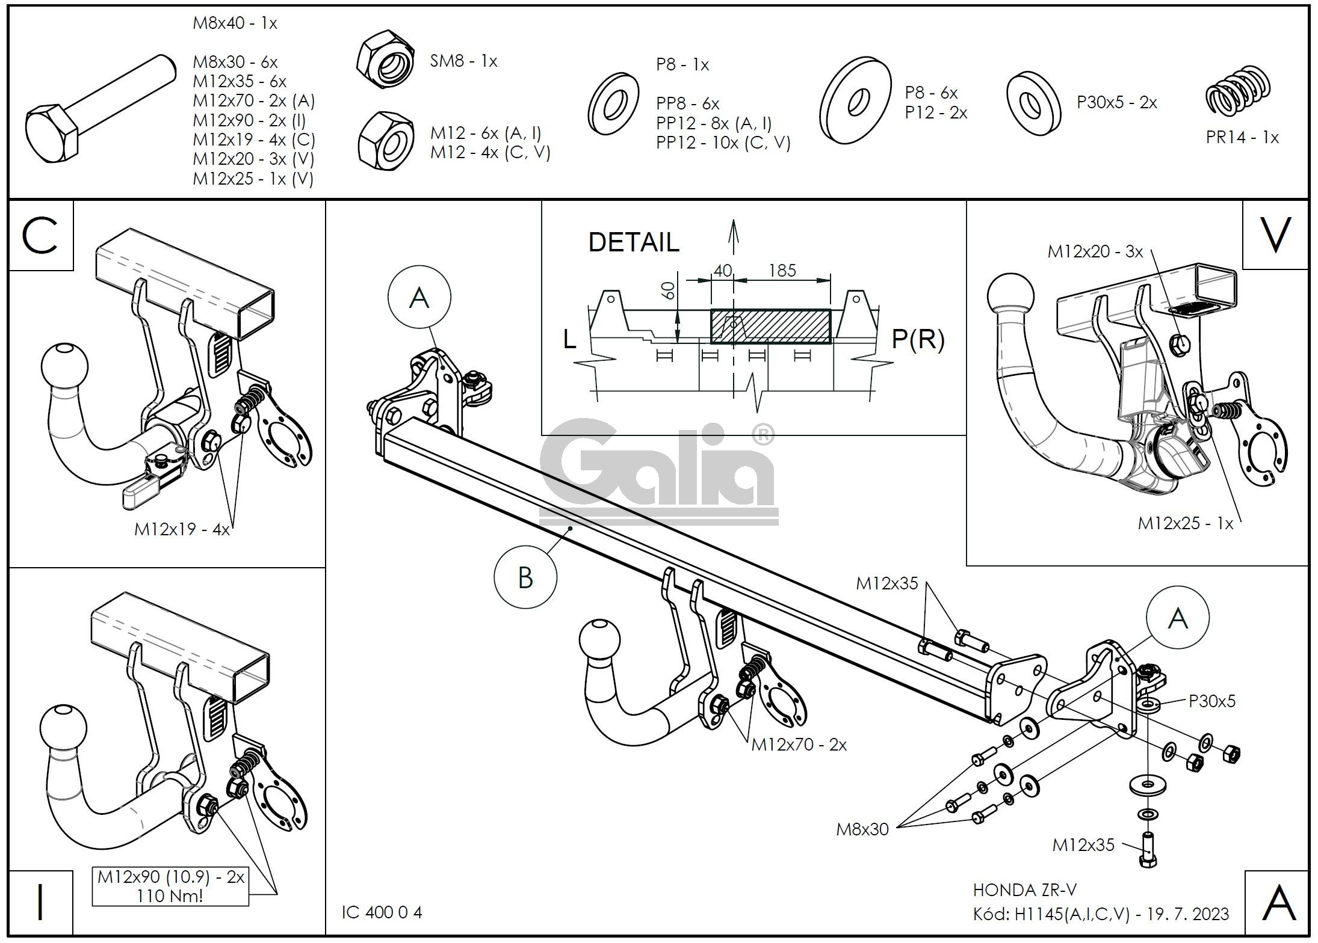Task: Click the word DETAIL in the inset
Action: pos(633,242)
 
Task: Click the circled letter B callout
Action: pos(525,577)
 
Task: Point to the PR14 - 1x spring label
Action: pos(1242,137)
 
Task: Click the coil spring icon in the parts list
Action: pos(1237,90)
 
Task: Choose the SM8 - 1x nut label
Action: pos(463,61)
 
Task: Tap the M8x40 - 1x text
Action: pos(235,23)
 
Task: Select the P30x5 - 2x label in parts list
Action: pos(1116,102)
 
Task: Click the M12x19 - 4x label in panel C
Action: pos(182,529)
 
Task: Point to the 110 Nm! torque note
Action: pos(170,895)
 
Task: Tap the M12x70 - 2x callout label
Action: pos(799,745)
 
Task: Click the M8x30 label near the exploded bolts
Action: pos(862,829)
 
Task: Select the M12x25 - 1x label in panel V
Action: pos(1185,523)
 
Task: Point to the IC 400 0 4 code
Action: pos(382,913)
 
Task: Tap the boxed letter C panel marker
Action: pos(40,235)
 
